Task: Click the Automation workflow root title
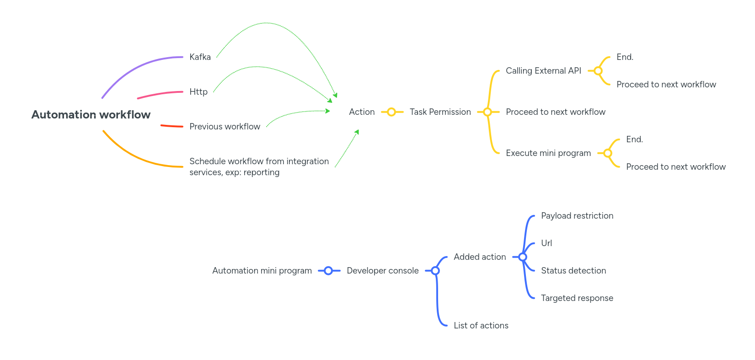click(x=91, y=115)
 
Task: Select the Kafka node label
click(x=200, y=57)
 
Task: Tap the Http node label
click(x=198, y=92)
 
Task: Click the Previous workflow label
click(x=225, y=127)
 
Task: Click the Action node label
click(x=362, y=112)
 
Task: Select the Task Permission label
click(x=440, y=112)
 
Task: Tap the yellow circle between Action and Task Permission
click(x=391, y=112)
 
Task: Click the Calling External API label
click(x=543, y=71)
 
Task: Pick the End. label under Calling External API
click(x=625, y=57)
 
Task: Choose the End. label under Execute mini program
click(x=634, y=140)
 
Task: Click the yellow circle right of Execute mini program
click(x=608, y=153)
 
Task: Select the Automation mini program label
click(x=262, y=271)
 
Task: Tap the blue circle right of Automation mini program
click(x=328, y=271)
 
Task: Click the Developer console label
click(x=382, y=271)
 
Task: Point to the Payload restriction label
click(x=577, y=216)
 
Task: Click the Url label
click(x=546, y=243)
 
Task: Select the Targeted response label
click(x=577, y=298)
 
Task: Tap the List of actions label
click(x=481, y=326)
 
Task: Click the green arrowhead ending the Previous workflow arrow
click(x=327, y=111)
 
